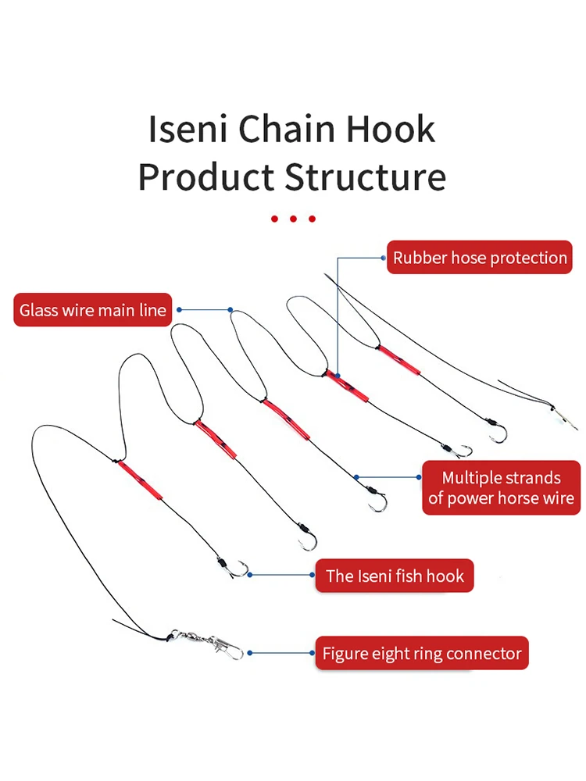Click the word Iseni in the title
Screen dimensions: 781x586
(188, 129)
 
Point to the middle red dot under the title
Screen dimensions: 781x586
(293, 219)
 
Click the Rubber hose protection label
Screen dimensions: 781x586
(480, 258)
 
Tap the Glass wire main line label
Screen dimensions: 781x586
(93, 310)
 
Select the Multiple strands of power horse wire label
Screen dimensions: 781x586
(501, 488)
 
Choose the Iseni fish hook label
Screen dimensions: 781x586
(395, 576)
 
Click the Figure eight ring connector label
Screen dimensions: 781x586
(422, 654)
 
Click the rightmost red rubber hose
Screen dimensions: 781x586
(399, 359)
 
